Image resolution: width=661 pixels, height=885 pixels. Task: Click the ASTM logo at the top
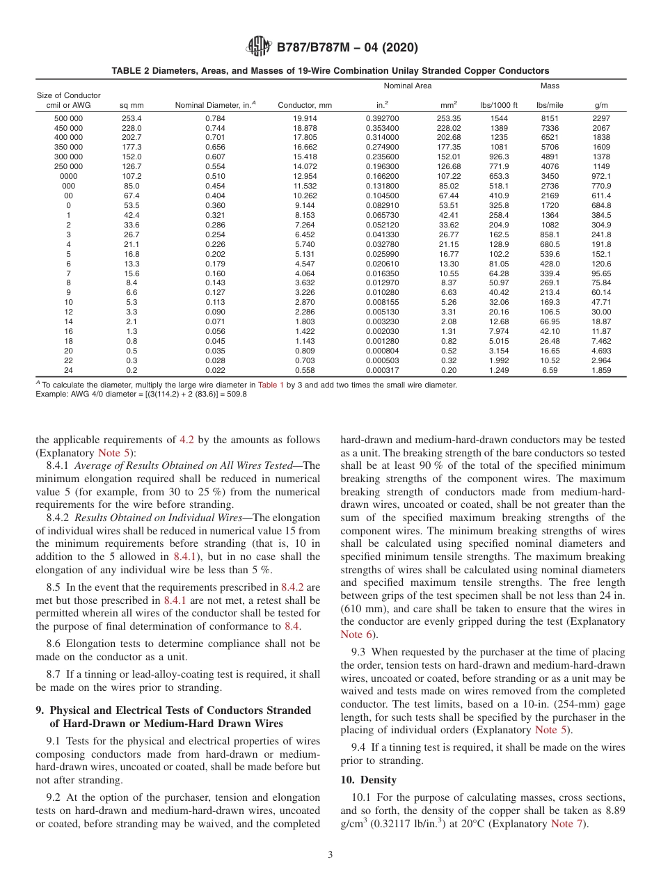click(259, 48)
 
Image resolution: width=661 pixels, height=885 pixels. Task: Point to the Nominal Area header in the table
click(408, 86)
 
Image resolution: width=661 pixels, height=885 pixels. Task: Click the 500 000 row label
click(68, 118)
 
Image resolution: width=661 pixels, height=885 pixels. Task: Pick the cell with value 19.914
click(305, 118)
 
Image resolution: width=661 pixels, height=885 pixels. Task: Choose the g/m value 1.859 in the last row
click(600, 370)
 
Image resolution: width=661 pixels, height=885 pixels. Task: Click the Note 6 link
click(351, 634)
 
